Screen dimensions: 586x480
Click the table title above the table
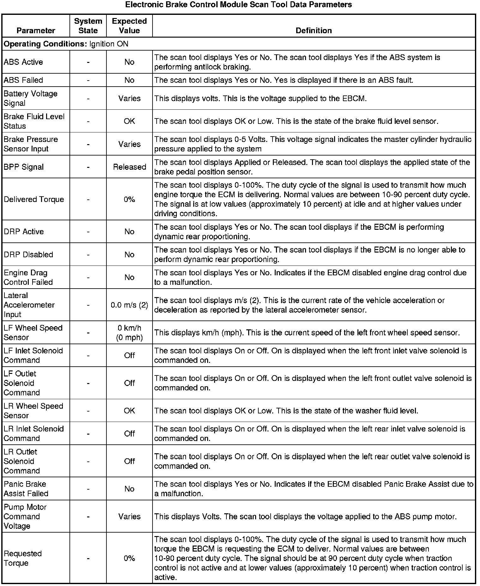[x=238, y=5]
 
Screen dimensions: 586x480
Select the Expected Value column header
[x=129, y=26]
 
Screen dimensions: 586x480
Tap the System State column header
[x=88, y=26]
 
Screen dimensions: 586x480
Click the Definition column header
[x=314, y=31]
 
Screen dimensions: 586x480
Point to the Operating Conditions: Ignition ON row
[x=66, y=44]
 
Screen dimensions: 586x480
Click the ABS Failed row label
[x=23, y=80]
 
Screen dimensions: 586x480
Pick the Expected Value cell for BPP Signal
[x=129, y=167]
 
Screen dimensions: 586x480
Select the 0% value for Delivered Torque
[x=129, y=199]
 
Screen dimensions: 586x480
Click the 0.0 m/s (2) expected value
[x=129, y=305]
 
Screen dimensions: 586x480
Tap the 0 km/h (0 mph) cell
[x=129, y=333]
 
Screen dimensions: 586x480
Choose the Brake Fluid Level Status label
[x=34, y=121]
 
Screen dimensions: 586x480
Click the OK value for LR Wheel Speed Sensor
[x=129, y=411]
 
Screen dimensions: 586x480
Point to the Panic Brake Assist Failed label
[x=26, y=489]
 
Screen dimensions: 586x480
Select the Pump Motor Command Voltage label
[x=25, y=516]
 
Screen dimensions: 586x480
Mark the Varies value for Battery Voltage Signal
[x=129, y=99]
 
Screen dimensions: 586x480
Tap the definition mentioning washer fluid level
[x=286, y=411]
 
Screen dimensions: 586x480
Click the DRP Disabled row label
[x=28, y=255]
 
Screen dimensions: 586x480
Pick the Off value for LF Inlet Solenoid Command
[x=129, y=356]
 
